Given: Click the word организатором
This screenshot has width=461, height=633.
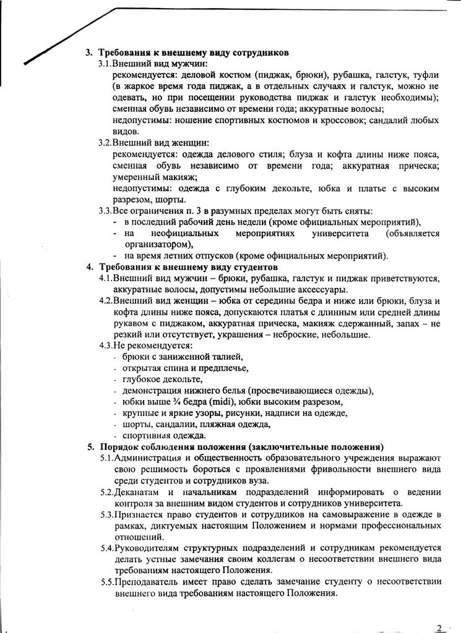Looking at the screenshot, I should point(158,245).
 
